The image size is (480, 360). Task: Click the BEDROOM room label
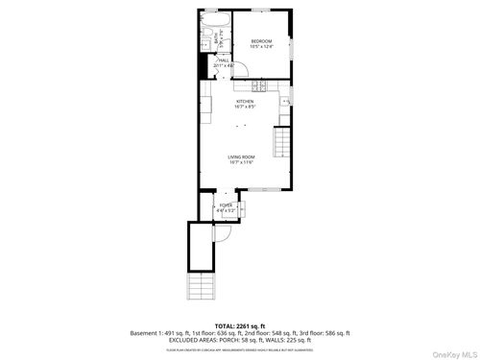coord(262,40)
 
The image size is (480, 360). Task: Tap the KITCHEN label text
coord(245,101)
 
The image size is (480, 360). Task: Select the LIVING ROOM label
coord(241,157)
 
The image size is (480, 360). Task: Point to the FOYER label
coord(226,204)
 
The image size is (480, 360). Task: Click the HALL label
coord(224,60)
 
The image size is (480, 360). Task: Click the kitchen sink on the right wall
coord(286,102)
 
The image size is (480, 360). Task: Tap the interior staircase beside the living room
coord(281,145)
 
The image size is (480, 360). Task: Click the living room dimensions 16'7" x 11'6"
coord(241,163)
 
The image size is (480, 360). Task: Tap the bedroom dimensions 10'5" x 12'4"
coord(262,46)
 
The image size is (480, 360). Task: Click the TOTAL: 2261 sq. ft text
coord(240,326)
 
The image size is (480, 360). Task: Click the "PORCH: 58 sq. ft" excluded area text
coord(245,340)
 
